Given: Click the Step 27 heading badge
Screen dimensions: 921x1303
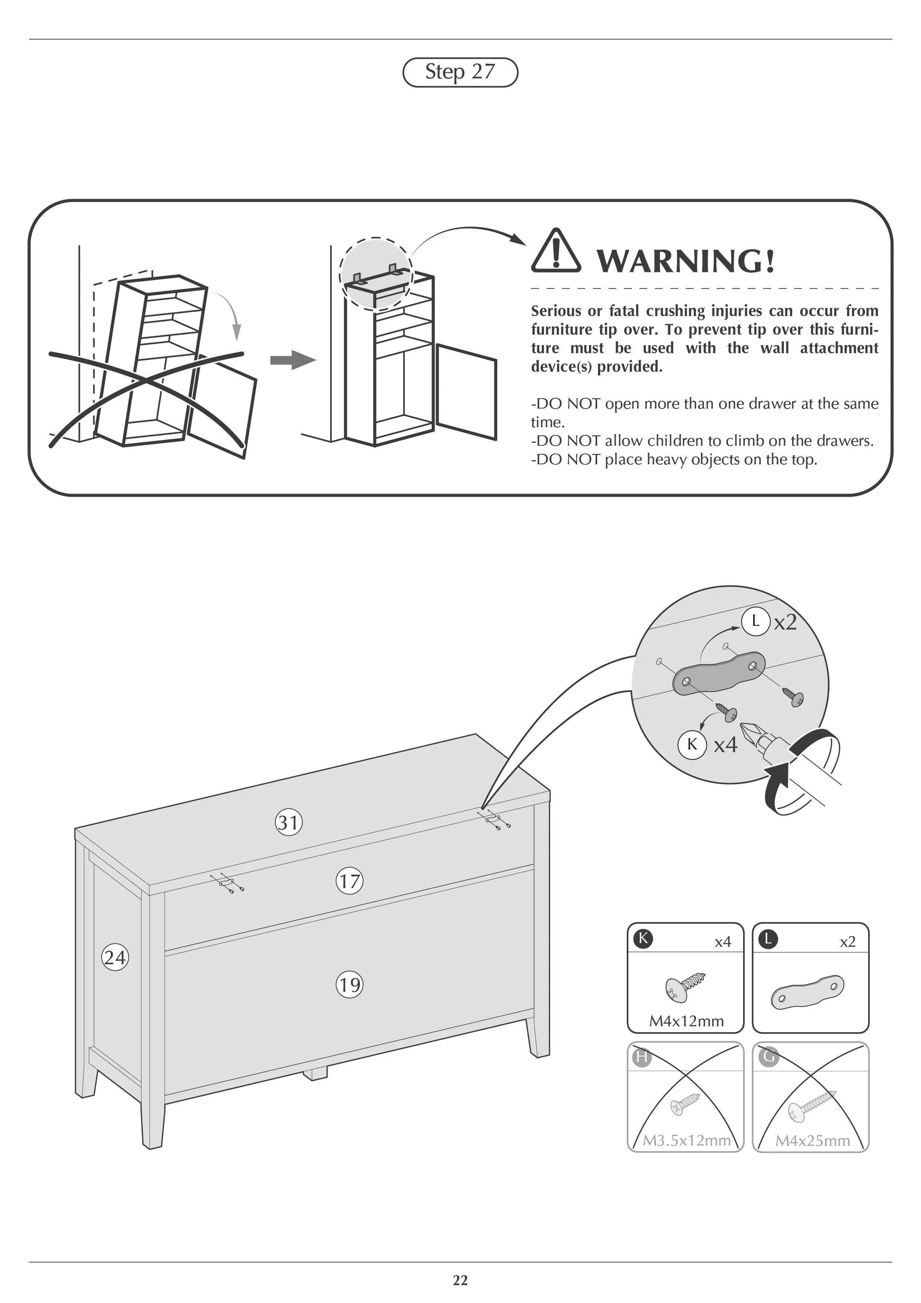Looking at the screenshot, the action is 460,72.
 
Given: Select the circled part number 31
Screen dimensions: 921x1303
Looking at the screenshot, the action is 288,822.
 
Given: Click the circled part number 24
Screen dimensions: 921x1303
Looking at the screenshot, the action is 115,958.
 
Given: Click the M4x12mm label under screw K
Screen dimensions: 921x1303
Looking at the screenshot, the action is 686,1021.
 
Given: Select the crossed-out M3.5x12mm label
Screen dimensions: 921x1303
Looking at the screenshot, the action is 686,1141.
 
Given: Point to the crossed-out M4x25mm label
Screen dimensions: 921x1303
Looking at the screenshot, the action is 812,1141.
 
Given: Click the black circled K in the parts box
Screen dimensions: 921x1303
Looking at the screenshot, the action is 643,939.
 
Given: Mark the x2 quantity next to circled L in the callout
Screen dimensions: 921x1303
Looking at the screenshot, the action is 785,623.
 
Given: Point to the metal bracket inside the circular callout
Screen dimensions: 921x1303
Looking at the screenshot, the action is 718,673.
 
